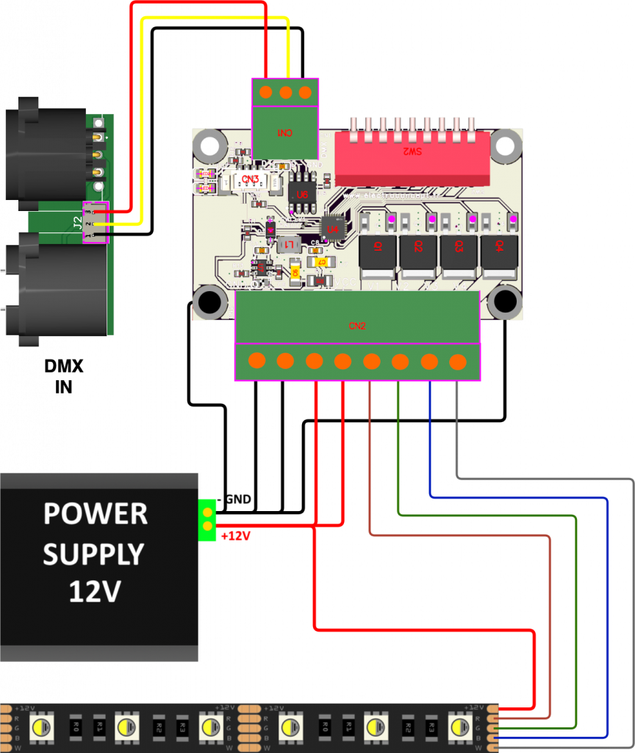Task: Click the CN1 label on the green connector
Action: pos(284,134)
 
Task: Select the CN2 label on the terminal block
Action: pos(357,325)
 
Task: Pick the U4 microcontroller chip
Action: pos(332,229)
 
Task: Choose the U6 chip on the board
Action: pos(299,193)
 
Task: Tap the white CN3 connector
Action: pos(250,180)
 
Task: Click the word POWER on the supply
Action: pos(96,513)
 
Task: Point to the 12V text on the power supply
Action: pos(94,591)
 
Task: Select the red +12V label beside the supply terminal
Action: pos(235,536)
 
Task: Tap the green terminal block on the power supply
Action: pos(208,519)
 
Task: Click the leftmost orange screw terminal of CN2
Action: pos(256,361)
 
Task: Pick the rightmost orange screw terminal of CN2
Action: pos(457,361)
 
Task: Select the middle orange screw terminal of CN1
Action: pos(285,92)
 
